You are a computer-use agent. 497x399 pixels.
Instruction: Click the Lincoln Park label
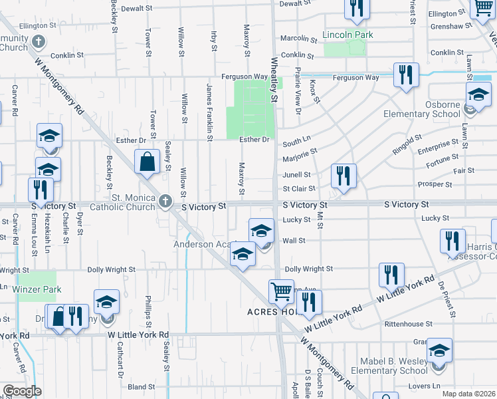(348, 35)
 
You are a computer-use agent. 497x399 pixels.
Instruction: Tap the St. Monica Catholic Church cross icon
(165, 199)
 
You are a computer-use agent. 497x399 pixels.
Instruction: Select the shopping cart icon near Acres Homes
(281, 291)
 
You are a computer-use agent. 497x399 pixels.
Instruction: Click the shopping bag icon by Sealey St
(146, 162)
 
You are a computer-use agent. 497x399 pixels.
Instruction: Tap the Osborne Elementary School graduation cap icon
(478, 94)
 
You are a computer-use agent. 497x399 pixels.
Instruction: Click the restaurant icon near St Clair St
(343, 176)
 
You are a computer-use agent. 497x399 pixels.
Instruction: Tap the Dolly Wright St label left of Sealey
(111, 270)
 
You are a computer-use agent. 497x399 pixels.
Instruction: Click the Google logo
(22, 391)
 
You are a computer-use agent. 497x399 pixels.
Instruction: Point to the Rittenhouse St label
(408, 324)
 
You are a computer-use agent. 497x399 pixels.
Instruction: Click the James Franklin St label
(209, 111)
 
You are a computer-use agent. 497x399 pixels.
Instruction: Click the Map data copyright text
(468, 394)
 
